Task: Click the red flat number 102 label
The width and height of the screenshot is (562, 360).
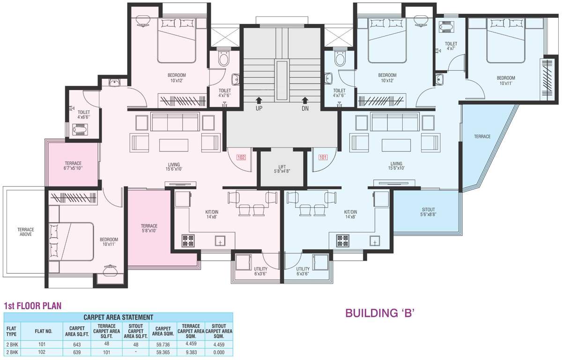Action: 241,157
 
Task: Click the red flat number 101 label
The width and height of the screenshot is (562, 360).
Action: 323,157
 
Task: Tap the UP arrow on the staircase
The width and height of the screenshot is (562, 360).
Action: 259,100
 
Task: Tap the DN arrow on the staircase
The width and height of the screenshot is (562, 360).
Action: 305,100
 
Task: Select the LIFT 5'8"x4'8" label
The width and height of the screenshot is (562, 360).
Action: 282,169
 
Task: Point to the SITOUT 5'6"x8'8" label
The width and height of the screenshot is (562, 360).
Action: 428,212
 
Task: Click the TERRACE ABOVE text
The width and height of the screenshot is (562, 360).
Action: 26,232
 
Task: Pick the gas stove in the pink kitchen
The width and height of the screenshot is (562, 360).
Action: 188,240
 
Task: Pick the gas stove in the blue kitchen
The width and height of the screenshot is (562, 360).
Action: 343,240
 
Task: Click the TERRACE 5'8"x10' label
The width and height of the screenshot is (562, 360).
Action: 149,228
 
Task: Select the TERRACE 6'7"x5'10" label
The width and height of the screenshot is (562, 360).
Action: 73,165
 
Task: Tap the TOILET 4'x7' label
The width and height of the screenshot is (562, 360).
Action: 451,46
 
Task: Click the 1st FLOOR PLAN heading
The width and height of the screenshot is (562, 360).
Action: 33,306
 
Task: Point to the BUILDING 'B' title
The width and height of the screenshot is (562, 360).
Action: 380,313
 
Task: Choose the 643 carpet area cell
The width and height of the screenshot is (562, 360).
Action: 77,345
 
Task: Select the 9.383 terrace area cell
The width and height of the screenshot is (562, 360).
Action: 191,352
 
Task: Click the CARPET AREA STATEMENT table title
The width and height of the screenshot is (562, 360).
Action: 118,317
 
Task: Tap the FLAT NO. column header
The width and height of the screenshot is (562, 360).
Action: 44,331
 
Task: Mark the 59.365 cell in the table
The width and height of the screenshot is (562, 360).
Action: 163,352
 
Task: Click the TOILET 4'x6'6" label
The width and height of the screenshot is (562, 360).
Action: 83,114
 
